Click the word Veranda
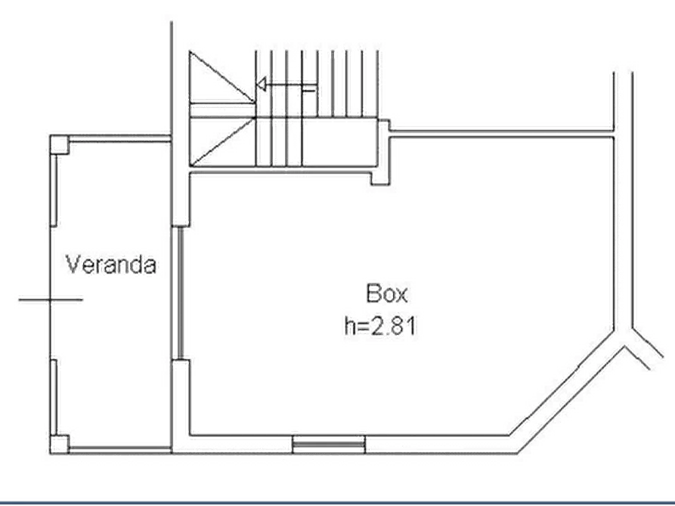pos(112,265)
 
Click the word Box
pos(386,292)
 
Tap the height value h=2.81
pos(382,327)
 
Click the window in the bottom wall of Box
pos(330,443)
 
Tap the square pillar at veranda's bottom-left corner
pos(59,441)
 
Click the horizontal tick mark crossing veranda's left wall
pos(50,298)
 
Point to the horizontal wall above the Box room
pos(499,133)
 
